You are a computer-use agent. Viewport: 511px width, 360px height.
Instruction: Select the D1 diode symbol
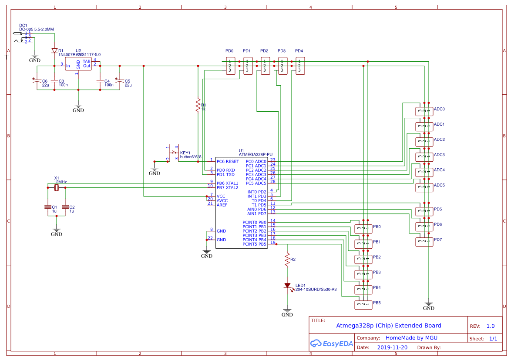tap(54, 51)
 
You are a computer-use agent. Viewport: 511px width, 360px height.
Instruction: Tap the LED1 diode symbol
tap(287, 286)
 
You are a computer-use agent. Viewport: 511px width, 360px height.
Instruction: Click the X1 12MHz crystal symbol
tap(56, 188)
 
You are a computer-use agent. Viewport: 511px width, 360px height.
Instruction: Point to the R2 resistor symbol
tap(287, 260)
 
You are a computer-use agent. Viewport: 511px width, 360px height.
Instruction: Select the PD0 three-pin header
tap(230, 66)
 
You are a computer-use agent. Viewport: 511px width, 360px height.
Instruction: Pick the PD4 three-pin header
tap(300, 66)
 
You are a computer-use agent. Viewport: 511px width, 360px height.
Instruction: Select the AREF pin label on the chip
tap(222, 205)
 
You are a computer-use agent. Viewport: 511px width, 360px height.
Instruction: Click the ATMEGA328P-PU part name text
tap(255, 154)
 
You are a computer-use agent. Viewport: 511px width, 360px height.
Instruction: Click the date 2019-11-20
tap(392, 347)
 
